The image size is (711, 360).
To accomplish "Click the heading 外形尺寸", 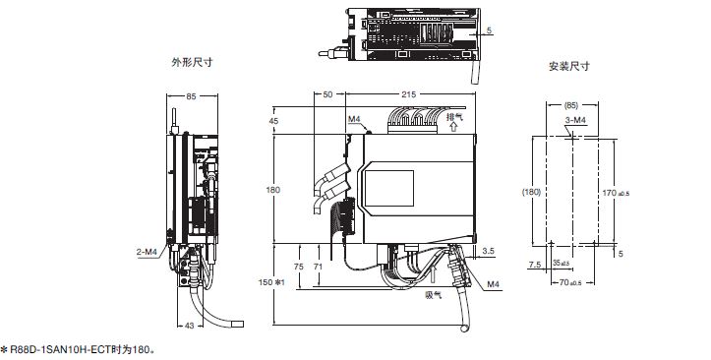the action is (x=192, y=62).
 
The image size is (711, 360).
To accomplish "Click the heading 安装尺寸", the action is (x=569, y=66).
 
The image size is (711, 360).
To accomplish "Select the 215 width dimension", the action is (x=408, y=94).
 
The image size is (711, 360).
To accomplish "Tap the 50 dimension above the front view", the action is (x=327, y=94).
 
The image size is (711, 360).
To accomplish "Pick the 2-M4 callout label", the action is (x=147, y=253).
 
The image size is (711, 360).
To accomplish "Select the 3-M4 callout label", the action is (x=576, y=120).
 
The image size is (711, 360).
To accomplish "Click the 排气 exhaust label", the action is (x=454, y=116).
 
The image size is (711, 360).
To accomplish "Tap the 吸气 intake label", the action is (x=434, y=295).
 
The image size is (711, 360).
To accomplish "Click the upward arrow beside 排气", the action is (x=453, y=127).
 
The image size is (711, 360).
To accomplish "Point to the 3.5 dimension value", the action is (x=489, y=250).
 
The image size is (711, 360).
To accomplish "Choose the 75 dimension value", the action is (x=298, y=268).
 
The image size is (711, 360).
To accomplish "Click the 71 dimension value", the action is (x=318, y=268).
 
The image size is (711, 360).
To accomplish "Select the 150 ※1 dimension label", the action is (x=270, y=282).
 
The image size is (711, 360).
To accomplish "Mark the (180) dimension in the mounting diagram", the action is (x=531, y=192).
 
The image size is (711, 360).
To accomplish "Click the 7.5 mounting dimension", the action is (x=535, y=265).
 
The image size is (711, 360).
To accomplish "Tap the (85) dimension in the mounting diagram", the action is (x=570, y=106).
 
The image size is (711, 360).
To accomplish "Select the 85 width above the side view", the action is (x=192, y=96).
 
